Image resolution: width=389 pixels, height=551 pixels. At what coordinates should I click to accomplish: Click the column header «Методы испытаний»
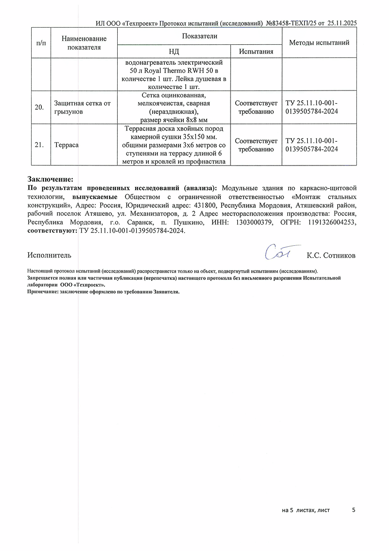(319, 43)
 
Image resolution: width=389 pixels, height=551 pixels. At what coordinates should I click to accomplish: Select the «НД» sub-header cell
(174, 52)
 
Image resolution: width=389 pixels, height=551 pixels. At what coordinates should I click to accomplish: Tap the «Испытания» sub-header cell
(256, 52)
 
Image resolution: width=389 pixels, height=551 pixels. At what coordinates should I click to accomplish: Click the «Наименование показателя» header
(84, 43)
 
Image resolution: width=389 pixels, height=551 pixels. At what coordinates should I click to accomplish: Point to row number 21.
(40, 145)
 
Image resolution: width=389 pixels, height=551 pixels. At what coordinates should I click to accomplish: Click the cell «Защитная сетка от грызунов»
(83, 108)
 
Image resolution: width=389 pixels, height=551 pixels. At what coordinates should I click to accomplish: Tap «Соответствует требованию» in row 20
(256, 108)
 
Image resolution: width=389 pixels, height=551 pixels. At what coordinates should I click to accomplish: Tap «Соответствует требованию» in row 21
(256, 145)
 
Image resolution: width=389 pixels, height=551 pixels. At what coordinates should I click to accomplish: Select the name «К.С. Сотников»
(331, 255)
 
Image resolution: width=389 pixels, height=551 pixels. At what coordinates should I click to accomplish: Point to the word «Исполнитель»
(50, 255)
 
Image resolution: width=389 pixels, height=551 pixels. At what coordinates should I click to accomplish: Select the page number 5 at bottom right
(354, 510)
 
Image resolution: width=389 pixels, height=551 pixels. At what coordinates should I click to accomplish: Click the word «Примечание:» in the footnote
(43, 292)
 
